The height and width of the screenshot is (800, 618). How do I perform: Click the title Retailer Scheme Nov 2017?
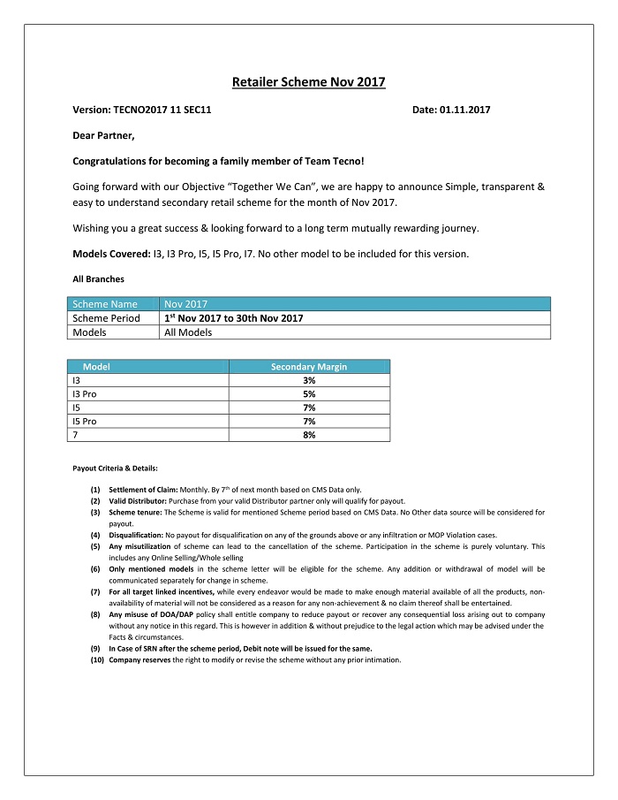(x=308, y=82)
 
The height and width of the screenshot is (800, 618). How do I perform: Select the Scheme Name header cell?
(x=105, y=303)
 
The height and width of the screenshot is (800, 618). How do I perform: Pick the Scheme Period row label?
(x=106, y=318)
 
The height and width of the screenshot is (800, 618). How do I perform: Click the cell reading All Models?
(x=188, y=332)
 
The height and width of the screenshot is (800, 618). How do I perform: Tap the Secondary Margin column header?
(x=309, y=366)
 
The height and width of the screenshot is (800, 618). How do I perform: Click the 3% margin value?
(x=309, y=379)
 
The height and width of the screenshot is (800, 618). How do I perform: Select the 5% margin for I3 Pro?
(x=309, y=393)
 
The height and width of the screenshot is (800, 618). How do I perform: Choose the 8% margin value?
(x=309, y=435)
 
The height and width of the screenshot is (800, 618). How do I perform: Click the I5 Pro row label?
(x=84, y=421)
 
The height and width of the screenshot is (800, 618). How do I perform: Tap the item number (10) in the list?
(x=96, y=659)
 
